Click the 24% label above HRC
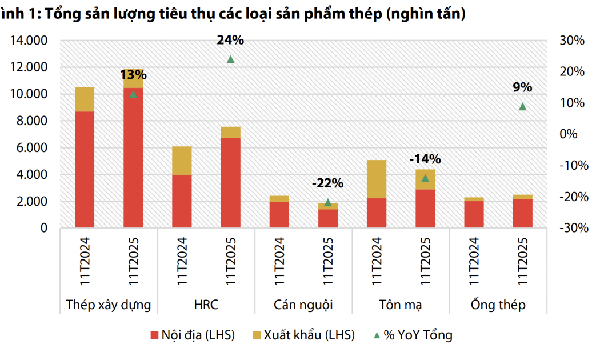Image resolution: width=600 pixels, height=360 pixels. [230, 40]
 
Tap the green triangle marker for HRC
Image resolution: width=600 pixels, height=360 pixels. [230, 59]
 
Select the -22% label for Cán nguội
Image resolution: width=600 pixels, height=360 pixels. [327, 183]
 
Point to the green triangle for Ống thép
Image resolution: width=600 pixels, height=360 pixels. [522, 106]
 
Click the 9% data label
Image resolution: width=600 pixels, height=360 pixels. [522, 87]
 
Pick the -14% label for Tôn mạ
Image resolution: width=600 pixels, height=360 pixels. [425, 159]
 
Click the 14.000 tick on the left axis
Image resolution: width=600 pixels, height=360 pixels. [28, 41]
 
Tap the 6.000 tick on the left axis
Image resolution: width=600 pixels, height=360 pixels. [32, 148]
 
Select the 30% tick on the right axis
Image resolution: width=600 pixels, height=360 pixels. [571, 41]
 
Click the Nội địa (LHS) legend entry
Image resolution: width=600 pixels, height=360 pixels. [193, 335]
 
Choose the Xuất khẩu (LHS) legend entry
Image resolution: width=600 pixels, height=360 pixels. [303, 335]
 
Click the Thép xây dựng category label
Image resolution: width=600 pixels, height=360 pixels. [109, 305]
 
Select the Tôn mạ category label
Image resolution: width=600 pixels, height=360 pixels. [401, 305]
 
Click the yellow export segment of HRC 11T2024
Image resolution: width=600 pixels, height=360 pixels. [182, 161]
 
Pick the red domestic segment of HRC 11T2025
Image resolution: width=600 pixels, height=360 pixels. [230, 183]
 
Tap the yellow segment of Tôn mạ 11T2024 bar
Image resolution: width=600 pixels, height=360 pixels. [376, 179]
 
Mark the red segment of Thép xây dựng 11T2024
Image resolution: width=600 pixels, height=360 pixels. [85, 170]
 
